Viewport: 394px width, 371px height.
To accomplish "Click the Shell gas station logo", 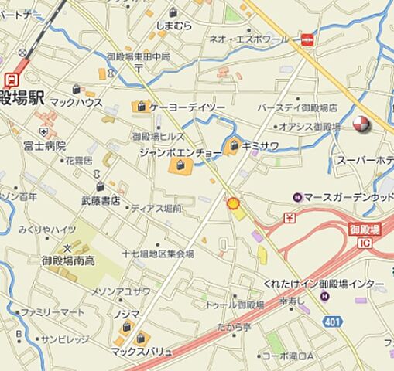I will click(x=231, y=203).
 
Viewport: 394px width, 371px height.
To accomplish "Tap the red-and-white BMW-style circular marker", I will click(x=361, y=125).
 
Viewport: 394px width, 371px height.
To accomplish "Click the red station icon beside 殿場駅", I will click(x=11, y=80).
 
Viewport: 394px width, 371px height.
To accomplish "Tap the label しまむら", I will click(x=173, y=26).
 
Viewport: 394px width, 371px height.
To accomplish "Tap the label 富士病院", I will click(x=44, y=145).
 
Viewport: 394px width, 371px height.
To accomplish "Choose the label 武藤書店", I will click(x=101, y=201).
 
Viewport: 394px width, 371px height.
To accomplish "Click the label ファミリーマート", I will click(x=53, y=312).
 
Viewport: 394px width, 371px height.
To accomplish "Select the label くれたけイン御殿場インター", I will click(x=324, y=284).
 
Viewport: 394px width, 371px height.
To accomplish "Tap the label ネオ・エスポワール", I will click(x=249, y=39).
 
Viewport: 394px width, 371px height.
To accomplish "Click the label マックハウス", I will click(x=77, y=101).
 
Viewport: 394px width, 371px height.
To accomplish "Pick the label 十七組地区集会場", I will click(x=158, y=254).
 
